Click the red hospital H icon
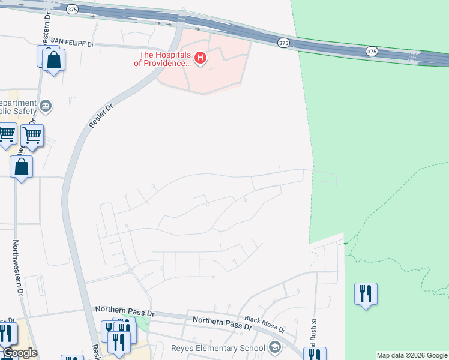(x=201, y=58)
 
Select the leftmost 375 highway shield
(x=73, y=10)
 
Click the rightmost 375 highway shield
(x=372, y=52)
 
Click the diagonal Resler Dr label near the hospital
(x=100, y=113)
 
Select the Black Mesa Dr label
(x=265, y=324)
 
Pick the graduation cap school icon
(x=274, y=347)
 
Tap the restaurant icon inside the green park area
(x=366, y=294)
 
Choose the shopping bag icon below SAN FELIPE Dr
(x=53, y=61)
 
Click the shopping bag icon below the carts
(x=21, y=167)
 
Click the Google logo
(x=19, y=353)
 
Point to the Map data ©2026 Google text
(x=412, y=355)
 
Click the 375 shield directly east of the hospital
(x=284, y=43)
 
